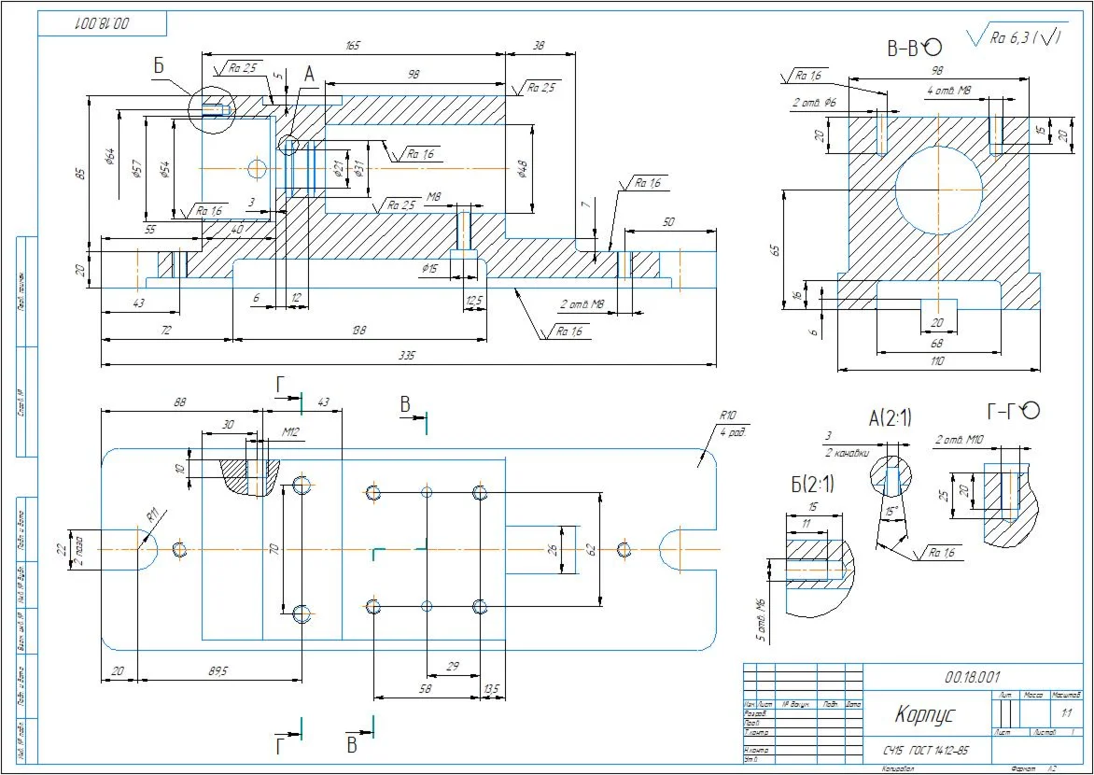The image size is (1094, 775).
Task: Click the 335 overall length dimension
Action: click(406, 356)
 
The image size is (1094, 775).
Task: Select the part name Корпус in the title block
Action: click(923, 714)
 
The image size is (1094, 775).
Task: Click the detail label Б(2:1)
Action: click(812, 485)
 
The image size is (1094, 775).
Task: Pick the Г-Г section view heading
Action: click(1014, 411)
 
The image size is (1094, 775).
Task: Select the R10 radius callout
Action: click(728, 416)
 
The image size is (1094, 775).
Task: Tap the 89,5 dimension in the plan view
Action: click(217, 669)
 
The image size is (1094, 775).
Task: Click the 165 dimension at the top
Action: click(353, 45)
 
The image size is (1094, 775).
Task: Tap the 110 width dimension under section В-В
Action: click(938, 360)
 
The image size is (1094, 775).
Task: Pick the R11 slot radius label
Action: click(152, 515)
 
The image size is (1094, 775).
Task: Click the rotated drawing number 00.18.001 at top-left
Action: click(102, 23)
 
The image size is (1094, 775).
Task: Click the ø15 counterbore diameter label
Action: click(429, 269)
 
